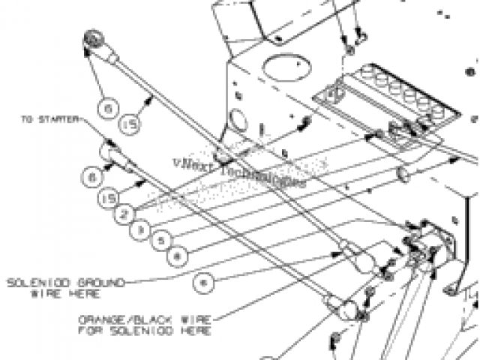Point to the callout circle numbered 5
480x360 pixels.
159,241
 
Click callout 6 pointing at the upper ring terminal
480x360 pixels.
110,108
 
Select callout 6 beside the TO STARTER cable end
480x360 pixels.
91,178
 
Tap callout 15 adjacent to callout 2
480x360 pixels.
107,198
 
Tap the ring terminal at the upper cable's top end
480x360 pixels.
93,38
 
